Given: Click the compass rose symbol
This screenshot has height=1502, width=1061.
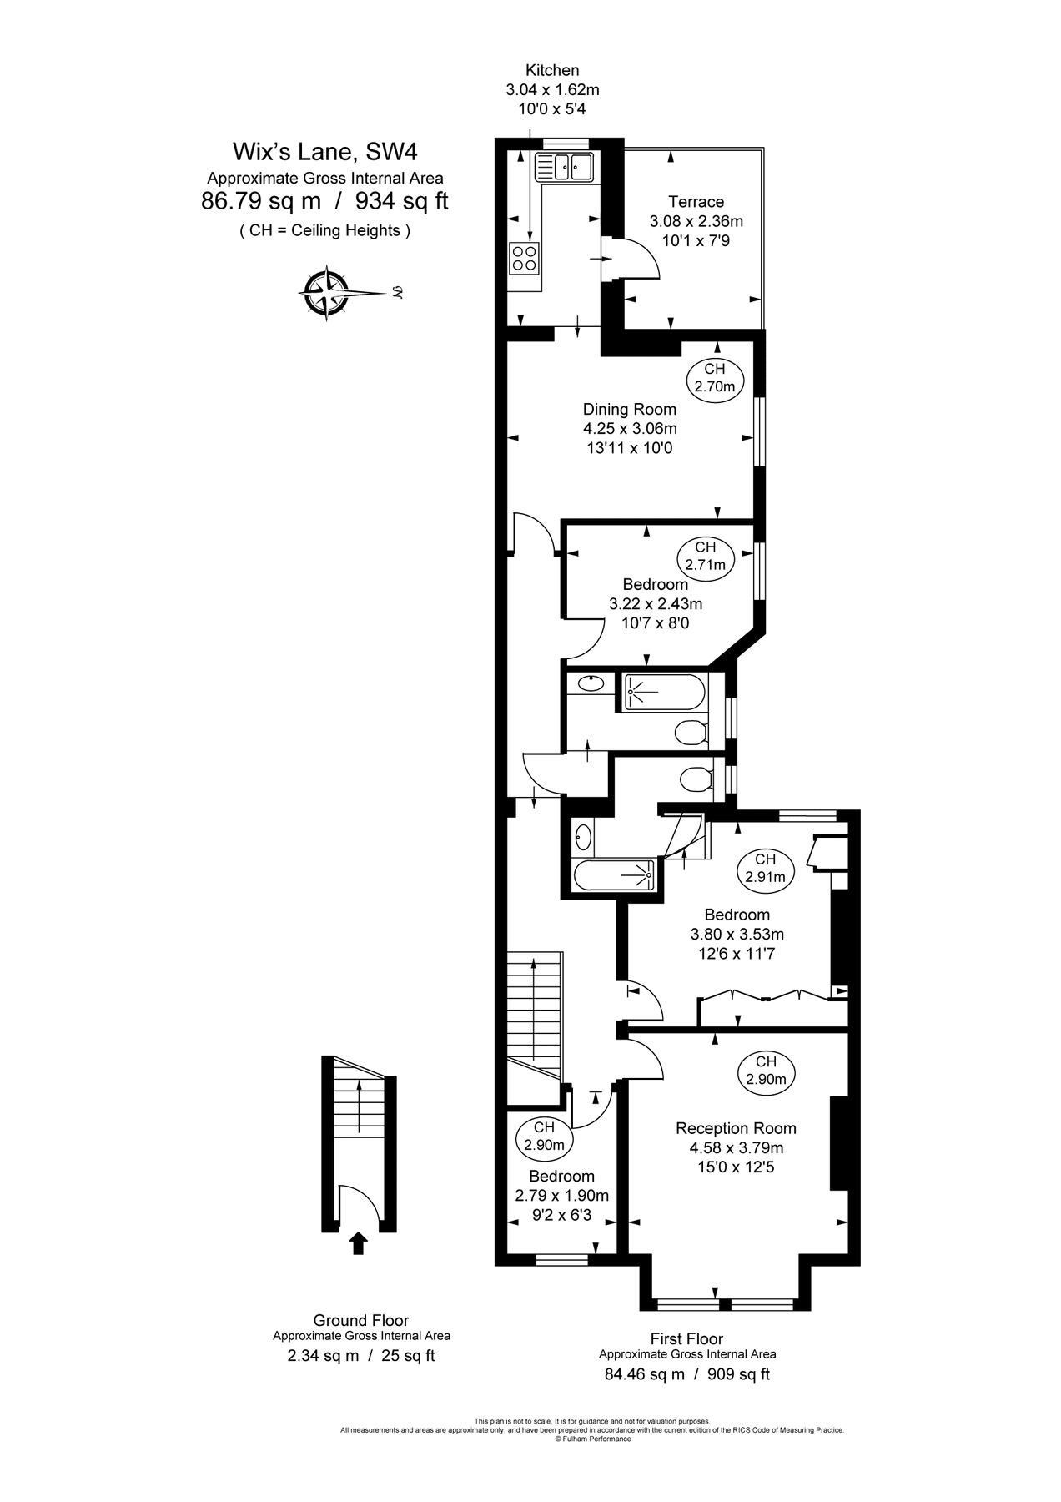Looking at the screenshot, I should click(325, 293).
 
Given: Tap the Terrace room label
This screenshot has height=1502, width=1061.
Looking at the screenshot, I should click(696, 202).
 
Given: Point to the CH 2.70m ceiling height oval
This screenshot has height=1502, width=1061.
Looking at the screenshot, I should click(715, 378).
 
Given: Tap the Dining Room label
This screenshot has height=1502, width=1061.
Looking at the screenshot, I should click(629, 410).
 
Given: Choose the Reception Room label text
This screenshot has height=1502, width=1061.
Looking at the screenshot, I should click(736, 1128).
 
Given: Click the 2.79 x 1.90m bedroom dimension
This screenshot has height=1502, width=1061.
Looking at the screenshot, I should click(561, 1196).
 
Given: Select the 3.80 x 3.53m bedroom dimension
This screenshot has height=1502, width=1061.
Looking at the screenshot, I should click(737, 935).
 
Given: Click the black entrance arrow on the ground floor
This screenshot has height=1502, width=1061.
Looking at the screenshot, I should click(359, 1244).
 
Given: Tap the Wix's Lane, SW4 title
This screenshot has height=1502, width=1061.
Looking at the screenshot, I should click(324, 152).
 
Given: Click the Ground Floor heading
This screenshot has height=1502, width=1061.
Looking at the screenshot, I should click(360, 1320).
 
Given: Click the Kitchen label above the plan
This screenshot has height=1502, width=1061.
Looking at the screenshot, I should click(552, 71).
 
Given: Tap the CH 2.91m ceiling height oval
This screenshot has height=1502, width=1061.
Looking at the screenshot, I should click(765, 868).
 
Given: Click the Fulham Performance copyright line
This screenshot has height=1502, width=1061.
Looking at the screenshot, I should click(592, 1439).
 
